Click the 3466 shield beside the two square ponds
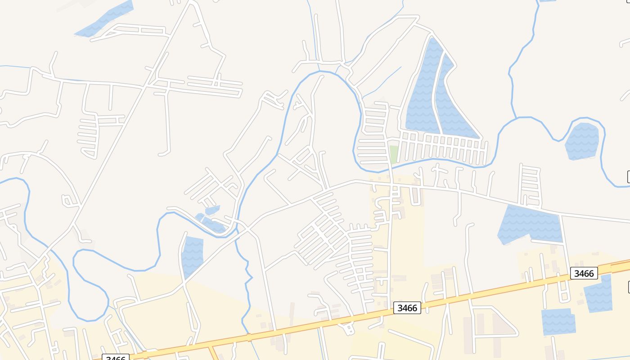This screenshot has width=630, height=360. click(x=584, y=273)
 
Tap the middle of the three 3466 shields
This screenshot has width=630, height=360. click(x=407, y=308)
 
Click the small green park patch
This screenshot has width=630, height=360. click(x=394, y=154)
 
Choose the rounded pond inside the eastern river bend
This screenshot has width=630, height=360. click(x=582, y=140)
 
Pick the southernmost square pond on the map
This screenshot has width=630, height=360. click(x=558, y=322)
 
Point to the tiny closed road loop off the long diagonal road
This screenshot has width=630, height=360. click(x=67, y=201)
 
